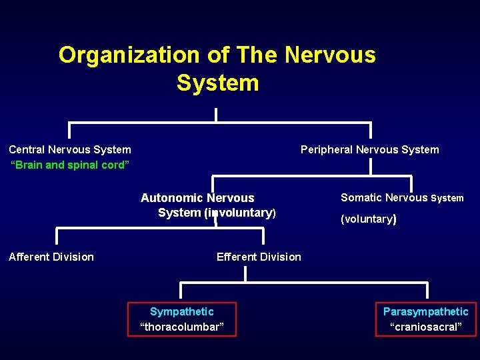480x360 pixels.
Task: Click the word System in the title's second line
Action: click(x=217, y=83)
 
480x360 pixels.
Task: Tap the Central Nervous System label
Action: click(x=70, y=149)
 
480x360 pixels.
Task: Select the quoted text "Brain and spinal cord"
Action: click(x=70, y=165)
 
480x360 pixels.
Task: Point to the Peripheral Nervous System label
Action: click(x=369, y=149)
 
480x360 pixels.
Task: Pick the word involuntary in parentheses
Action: click(x=239, y=213)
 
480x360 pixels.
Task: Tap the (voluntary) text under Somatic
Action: click(x=369, y=219)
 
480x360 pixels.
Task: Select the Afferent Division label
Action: click(x=51, y=257)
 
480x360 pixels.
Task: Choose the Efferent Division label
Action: click(x=259, y=257)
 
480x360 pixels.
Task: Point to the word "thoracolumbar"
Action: click(x=182, y=327)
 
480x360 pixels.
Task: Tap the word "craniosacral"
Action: click(x=425, y=327)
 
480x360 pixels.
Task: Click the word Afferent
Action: click(x=29, y=257)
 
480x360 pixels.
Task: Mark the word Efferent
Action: click(x=237, y=257)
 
